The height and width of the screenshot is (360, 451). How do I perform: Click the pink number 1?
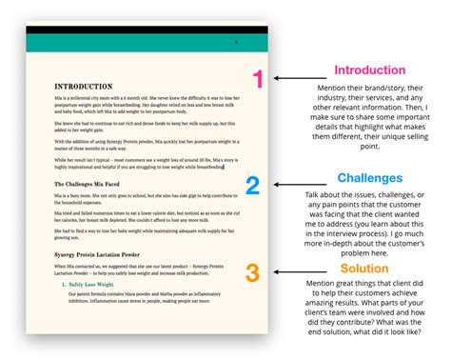256,79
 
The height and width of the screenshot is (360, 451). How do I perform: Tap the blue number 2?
253,186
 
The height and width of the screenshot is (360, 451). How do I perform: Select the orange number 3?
252,273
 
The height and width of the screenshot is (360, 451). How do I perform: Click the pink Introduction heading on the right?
370,70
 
